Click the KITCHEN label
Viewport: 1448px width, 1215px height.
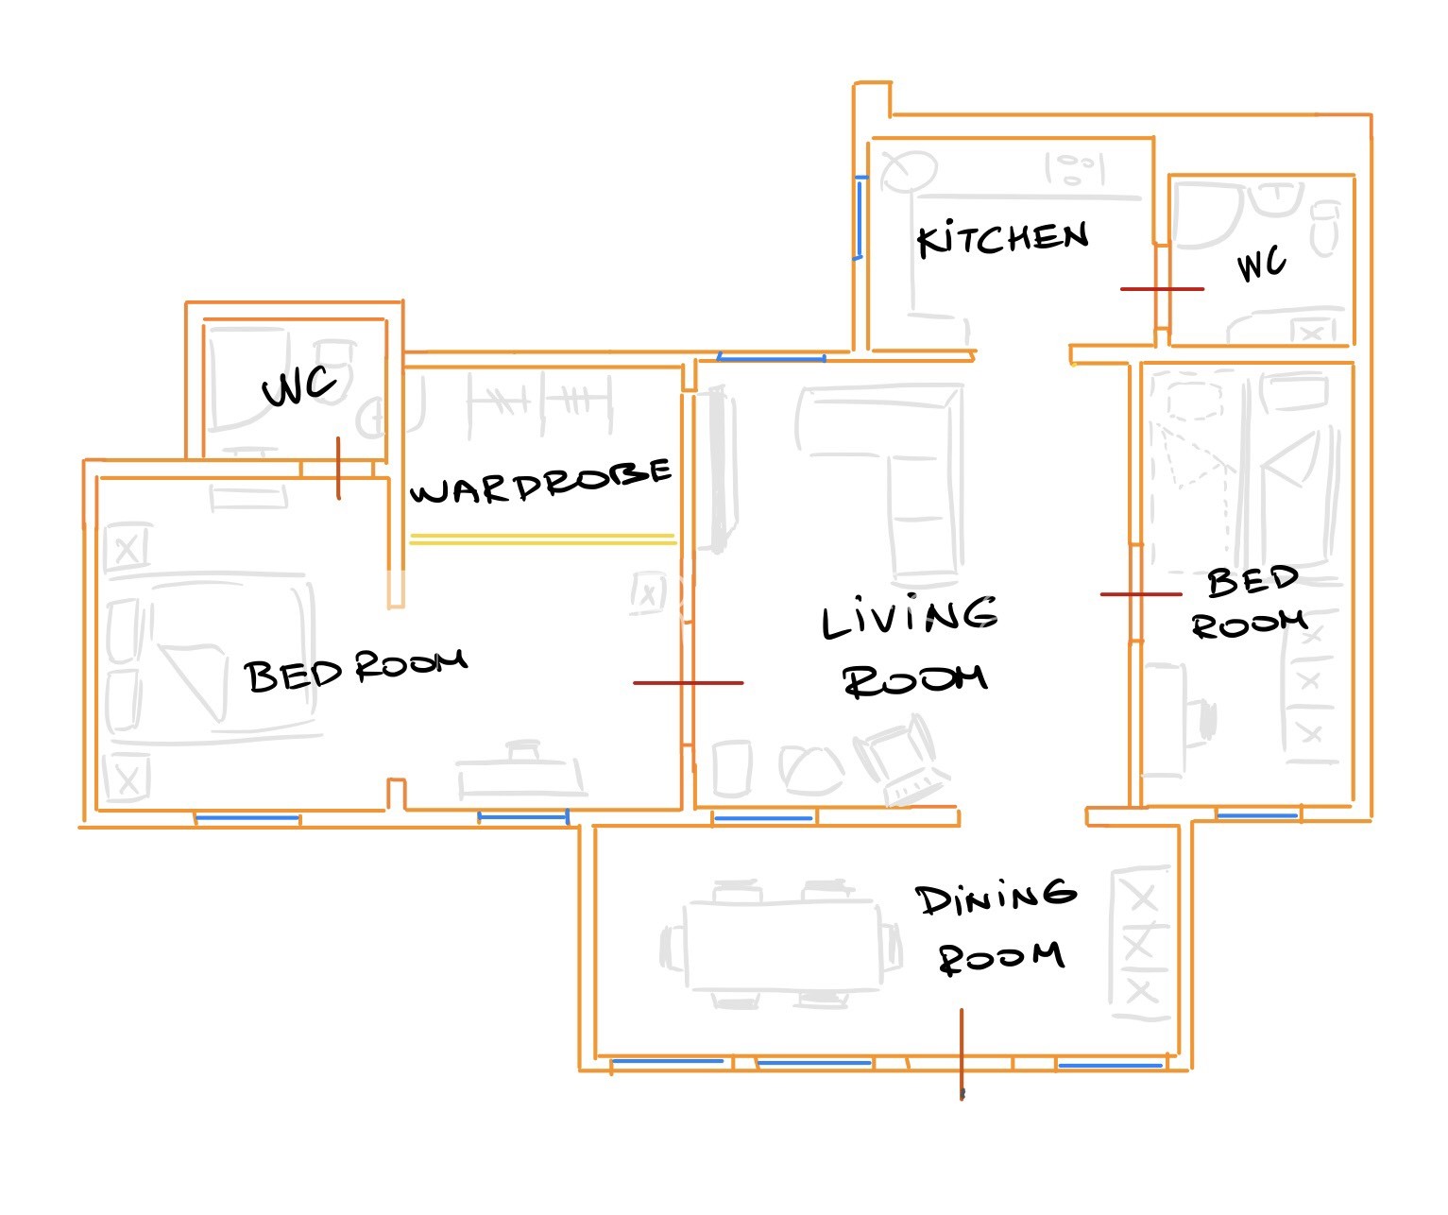tap(1003, 238)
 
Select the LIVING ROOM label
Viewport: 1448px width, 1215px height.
tap(911, 646)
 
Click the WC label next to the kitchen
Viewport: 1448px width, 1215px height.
tap(1262, 263)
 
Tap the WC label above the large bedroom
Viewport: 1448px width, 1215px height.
tap(298, 386)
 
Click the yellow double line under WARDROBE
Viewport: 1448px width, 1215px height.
tap(542, 539)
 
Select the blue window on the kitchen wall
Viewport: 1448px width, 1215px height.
tap(860, 218)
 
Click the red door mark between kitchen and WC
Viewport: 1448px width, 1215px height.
tap(1163, 289)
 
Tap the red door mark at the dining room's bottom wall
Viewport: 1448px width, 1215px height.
tap(962, 1053)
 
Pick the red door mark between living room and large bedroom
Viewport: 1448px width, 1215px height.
tap(688, 683)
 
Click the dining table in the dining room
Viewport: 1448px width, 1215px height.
tap(781, 945)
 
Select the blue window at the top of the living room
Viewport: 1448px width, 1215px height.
tap(772, 358)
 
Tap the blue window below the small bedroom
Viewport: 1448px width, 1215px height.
tap(1258, 815)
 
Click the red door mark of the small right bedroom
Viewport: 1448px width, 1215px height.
tap(1141, 594)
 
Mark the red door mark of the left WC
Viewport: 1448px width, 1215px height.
tap(338, 468)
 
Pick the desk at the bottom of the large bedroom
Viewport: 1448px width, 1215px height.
tap(521, 770)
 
